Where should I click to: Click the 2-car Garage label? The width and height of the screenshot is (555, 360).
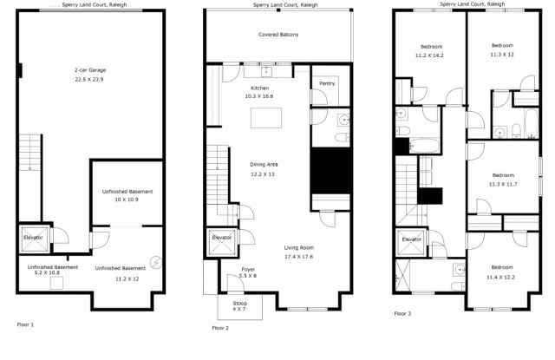pyautogui.click(x=90, y=69)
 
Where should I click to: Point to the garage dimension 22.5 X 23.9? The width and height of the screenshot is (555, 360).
pyautogui.click(x=90, y=79)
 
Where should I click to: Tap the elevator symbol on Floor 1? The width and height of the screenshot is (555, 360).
pyautogui.click(x=33, y=238)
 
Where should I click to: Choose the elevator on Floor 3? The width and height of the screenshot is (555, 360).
pyautogui.click(x=411, y=240)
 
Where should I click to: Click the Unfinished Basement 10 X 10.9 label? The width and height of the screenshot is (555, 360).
pyautogui.click(x=127, y=191)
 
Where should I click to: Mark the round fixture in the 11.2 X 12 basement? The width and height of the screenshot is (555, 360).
pyautogui.click(x=156, y=261)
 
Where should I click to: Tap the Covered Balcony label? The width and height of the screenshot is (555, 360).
pyautogui.click(x=278, y=35)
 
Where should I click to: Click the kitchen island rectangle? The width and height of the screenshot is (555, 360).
pyautogui.click(x=265, y=117)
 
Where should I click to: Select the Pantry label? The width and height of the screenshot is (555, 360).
pyautogui.click(x=327, y=83)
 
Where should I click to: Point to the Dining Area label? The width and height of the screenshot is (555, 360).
pyautogui.click(x=264, y=164)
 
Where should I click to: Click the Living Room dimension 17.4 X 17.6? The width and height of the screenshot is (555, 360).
pyautogui.click(x=298, y=257)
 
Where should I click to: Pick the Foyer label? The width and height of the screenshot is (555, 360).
pyautogui.click(x=248, y=269)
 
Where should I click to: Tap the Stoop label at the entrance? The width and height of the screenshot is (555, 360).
pyautogui.click(x=239, y=303)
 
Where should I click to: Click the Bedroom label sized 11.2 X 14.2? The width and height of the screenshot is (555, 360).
pyautogui.click(x=432, y=46)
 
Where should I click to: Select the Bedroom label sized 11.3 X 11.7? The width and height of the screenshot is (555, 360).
pyautogui.click(x=502, y=175)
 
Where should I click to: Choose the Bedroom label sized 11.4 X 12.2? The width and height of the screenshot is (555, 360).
pyautogui.click(x=502, y=266)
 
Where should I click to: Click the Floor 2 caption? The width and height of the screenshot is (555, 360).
pyautogui.click(x=221, y=328)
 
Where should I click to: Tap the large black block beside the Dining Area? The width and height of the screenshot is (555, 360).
pyautogui.click(x=330, y=170)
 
